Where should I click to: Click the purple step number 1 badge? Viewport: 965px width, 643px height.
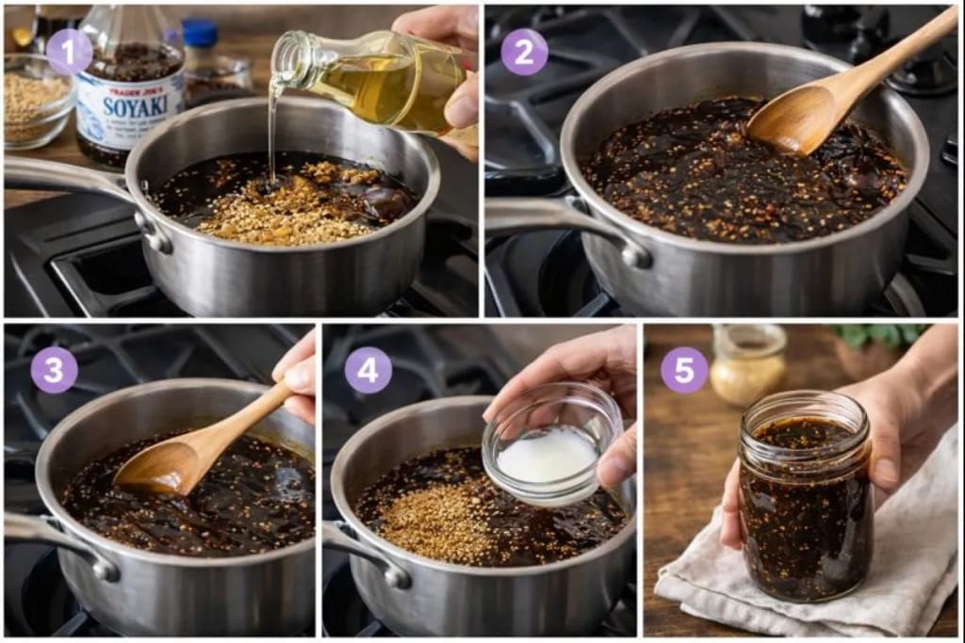(x=69, y=52)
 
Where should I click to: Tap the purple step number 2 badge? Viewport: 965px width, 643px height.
(x=524, y=52)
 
